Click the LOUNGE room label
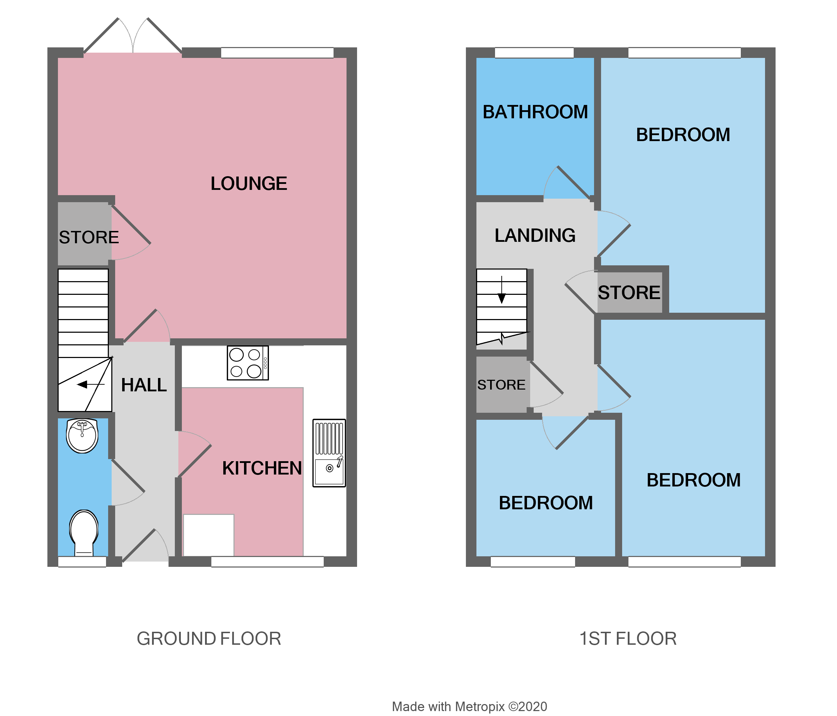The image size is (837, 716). point(249,184)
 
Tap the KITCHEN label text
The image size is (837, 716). point(262,469)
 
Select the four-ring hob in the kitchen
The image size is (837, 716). point(248,363)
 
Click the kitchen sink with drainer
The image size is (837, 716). point(329,453)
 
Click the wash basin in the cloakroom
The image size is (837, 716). point(82,436)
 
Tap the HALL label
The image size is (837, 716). point(144,385)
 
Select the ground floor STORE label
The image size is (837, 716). point(89,238)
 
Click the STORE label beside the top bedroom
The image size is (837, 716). point(628,293)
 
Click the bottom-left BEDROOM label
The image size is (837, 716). point(545,503)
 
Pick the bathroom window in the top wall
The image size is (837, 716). point(534,53)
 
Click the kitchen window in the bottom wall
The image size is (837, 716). point(267,562)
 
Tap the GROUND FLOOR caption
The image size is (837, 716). point(209,639)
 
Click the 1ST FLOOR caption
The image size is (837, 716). point(627,639)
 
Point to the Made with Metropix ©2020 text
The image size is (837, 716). point(469,707)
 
